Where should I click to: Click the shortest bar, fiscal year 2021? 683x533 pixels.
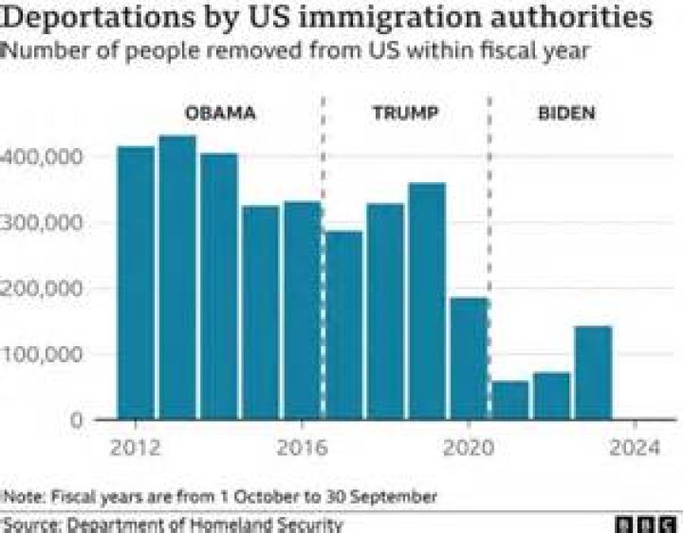point(510,400)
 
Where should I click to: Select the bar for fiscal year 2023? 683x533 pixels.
point(593,372)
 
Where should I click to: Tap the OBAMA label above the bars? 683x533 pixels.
point(219,114)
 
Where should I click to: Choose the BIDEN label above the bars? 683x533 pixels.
point(566,114)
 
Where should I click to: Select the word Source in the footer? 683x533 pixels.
point(29,524)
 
